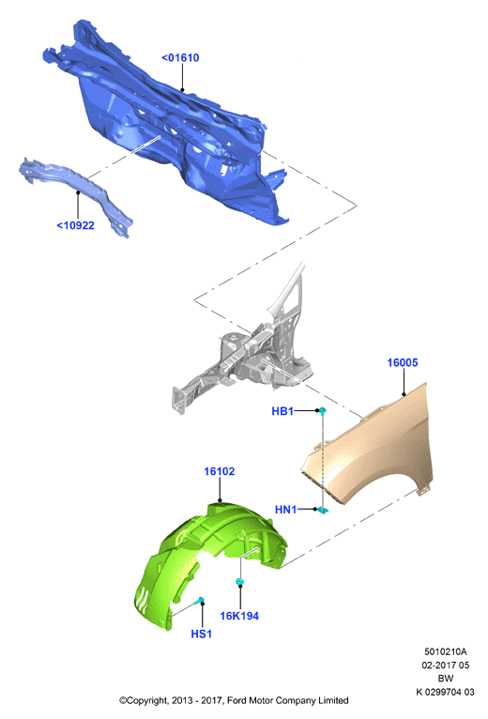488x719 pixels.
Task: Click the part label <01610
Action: tap(180, 58)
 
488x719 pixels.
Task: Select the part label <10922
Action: tap(75, 225)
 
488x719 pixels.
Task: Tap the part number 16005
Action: tap(403, 362)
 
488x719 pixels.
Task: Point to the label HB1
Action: tap(282, 411)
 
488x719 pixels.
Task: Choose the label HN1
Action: tap(285, 510)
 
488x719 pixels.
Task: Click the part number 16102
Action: tap(220, 471)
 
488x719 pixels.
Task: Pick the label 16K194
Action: tap(239, 616)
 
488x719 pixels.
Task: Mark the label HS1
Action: tap(202, 634)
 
